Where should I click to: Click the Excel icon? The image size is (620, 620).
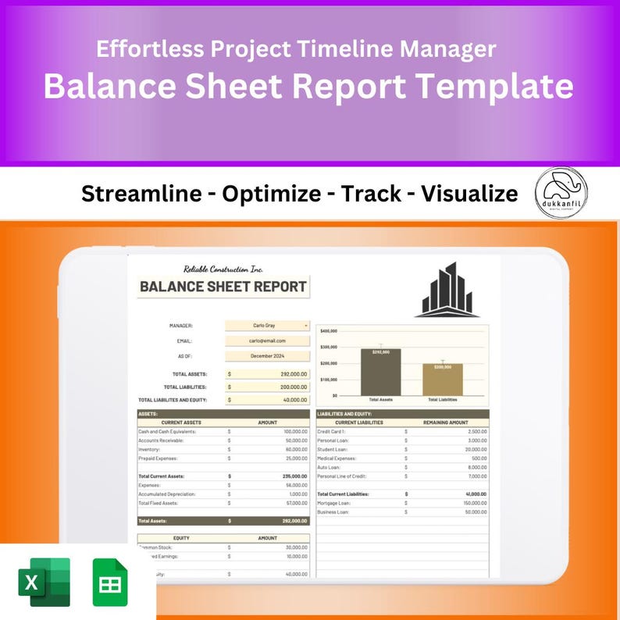click(x=44, y=583)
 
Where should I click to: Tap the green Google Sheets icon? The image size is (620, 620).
click(x=110, y=583)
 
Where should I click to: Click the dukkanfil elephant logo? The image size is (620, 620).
click(x=561, y=193)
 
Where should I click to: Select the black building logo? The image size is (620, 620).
click(x=447, y=290)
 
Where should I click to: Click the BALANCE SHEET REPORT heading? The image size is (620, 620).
click(x=223, y=287)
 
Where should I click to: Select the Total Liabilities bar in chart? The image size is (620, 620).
click(x=443, y=379)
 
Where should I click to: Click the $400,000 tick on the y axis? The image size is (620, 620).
click(x=328, y=331)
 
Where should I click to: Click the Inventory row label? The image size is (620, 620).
click(x=149, y=449)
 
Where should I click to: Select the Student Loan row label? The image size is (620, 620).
click(x=332, y=449)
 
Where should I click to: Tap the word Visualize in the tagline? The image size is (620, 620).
click(x=469, y=194)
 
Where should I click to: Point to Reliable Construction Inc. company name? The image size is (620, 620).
click(x=223, y=269)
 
